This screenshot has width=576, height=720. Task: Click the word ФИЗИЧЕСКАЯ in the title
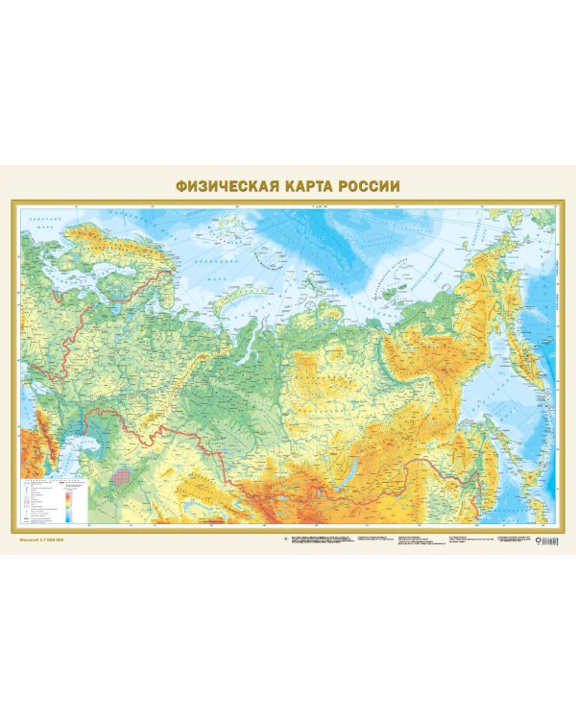219,185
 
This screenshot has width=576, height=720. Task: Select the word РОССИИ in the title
366,185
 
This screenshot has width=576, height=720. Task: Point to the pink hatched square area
121,473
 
